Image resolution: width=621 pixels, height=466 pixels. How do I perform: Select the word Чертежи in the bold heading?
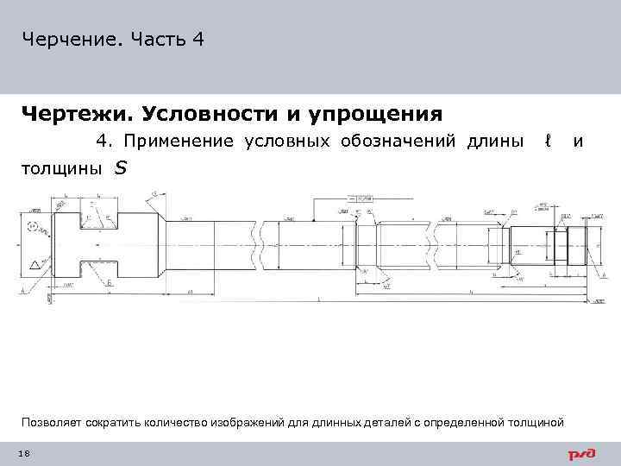(x=74, y=114)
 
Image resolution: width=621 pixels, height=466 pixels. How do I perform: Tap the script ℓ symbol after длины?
(x=547, y=140)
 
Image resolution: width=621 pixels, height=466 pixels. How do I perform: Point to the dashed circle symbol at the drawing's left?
(x=34, y=228)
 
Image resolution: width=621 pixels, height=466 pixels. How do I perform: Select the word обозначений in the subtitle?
(x=400, y=140)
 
